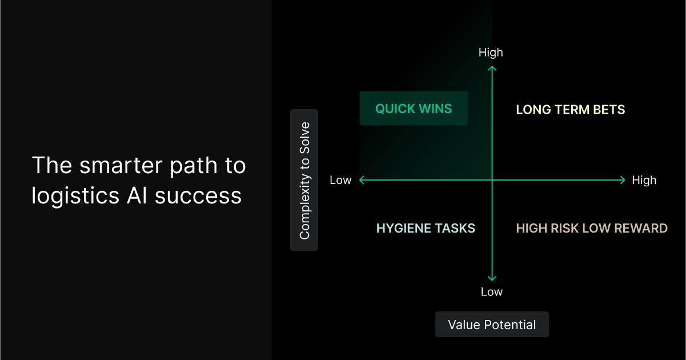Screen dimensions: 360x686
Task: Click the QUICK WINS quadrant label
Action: tap(414, 109)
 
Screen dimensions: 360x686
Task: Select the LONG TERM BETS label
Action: tap(570, 110)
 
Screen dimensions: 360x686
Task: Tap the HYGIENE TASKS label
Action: tap(426, 229)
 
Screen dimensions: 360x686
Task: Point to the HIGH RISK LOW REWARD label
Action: tap(592, 229)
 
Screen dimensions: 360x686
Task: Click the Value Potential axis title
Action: tap(492, 325)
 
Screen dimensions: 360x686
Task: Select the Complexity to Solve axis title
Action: tap(304, 180)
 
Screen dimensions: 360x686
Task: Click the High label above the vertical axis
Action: tap(491, 53)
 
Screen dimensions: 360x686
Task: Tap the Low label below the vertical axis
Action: tap(491, 292)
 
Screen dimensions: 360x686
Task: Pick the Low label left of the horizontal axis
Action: tap(340, 181)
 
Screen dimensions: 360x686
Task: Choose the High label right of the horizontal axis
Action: tap(644, 181)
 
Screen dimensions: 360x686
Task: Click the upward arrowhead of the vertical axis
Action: tap(492, 68)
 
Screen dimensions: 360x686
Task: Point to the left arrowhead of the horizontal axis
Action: tap(361, 180)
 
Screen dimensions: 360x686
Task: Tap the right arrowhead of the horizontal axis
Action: tap(623, 180)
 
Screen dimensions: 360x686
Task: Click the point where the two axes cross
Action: tap(492, 180)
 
